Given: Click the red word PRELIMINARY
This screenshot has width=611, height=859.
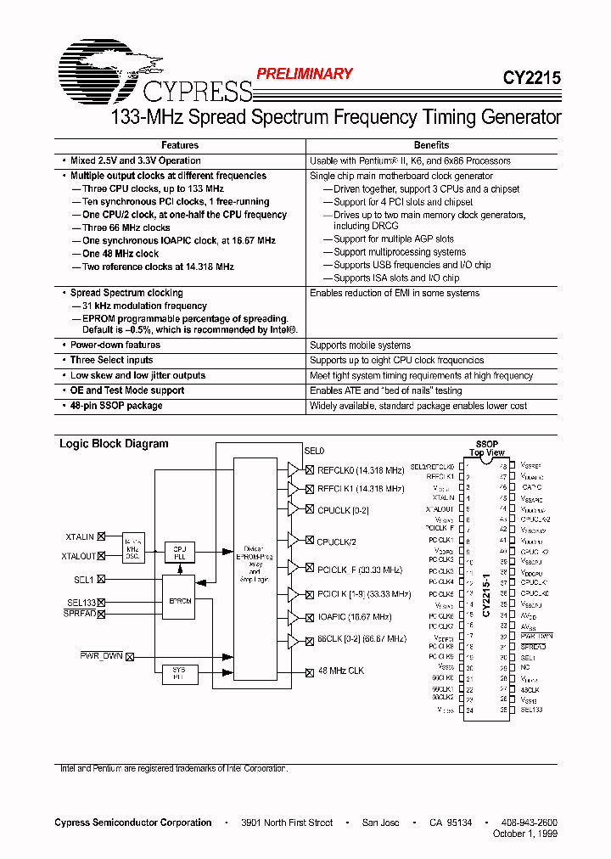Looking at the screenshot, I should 304,74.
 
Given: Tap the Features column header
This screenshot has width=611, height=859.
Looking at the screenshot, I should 180,145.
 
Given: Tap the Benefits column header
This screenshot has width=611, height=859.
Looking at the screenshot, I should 431,145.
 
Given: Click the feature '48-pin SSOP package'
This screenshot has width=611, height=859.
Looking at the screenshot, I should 116,406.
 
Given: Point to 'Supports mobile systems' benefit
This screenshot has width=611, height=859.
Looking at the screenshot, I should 360,345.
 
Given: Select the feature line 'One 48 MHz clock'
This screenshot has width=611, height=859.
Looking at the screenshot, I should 121,254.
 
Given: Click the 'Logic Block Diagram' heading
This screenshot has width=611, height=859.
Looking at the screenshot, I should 114,444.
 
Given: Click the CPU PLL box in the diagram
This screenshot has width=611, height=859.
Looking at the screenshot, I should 179,553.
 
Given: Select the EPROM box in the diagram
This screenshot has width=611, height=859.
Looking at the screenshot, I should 179,600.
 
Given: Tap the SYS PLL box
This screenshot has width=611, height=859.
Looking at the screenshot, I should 179,674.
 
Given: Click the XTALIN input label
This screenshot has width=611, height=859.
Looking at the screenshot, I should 79,536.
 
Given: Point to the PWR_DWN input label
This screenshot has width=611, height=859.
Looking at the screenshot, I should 101,655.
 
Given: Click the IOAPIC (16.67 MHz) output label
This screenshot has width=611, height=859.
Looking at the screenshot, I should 354,617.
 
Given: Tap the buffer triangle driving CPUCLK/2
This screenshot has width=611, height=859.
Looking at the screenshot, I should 294,540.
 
